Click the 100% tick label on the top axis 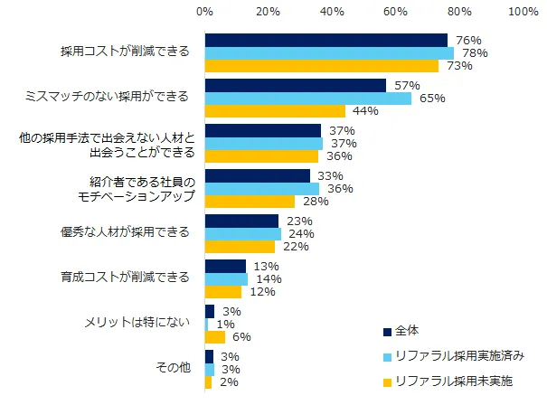(x=523, y=13)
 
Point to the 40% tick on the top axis (x=332, y=13)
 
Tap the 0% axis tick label (x=205, y=13)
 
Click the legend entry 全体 (x=405, y=330)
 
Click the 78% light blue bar (x=329, y=52)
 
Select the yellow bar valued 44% (x=275, y=110)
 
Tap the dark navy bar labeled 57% (x=296, y=85)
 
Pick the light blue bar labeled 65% (x=308, y=98)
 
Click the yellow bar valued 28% (x=250, y=201)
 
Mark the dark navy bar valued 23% (x=241, y=221)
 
